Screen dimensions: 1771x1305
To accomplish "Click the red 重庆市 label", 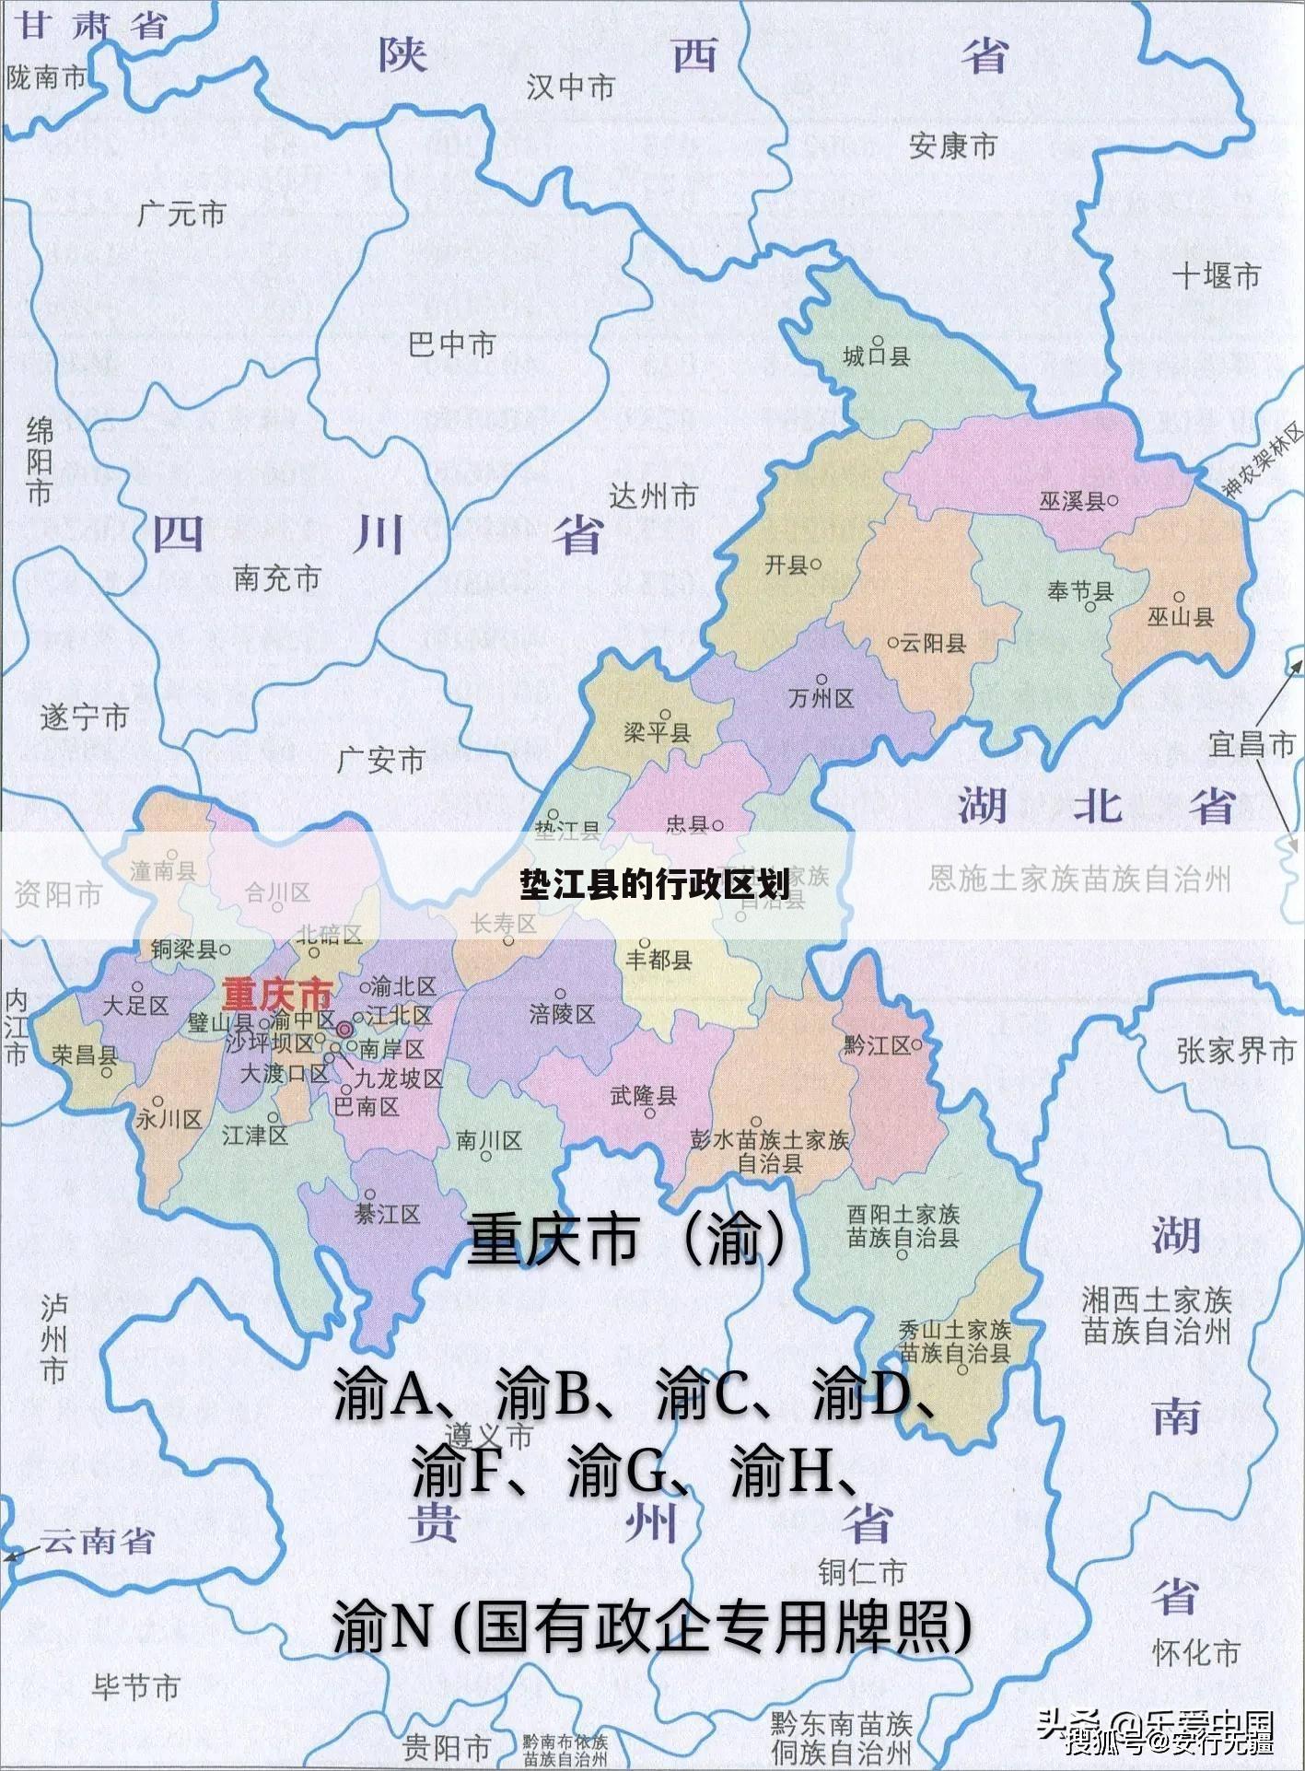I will point(276,995).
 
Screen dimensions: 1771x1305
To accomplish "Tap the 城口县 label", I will point(876,355).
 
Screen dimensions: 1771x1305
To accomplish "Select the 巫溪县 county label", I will point(1072,501).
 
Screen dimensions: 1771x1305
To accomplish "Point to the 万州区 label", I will point(821,698).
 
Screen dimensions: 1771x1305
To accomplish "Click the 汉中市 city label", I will point(570,87).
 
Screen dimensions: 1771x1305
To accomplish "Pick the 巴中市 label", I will point(451,345).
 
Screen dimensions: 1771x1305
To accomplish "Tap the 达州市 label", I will point(653,496).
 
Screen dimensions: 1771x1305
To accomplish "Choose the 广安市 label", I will point(380,761).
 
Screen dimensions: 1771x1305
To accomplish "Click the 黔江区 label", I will point(876,1045).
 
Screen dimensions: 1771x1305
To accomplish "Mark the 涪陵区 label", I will point(562,1014).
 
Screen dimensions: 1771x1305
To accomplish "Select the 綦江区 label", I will point(387,1215).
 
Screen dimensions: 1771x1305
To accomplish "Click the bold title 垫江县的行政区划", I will point(653,885).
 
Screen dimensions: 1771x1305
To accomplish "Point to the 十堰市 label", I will point(1216,275).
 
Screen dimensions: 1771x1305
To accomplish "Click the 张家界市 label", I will point(1235,1051).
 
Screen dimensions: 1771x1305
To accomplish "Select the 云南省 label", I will point(97,1542).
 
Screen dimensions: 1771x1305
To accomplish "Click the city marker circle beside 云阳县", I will point(891,643).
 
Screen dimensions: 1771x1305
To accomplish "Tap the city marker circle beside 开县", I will point(816,564).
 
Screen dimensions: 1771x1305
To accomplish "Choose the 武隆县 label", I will point(644,1096).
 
